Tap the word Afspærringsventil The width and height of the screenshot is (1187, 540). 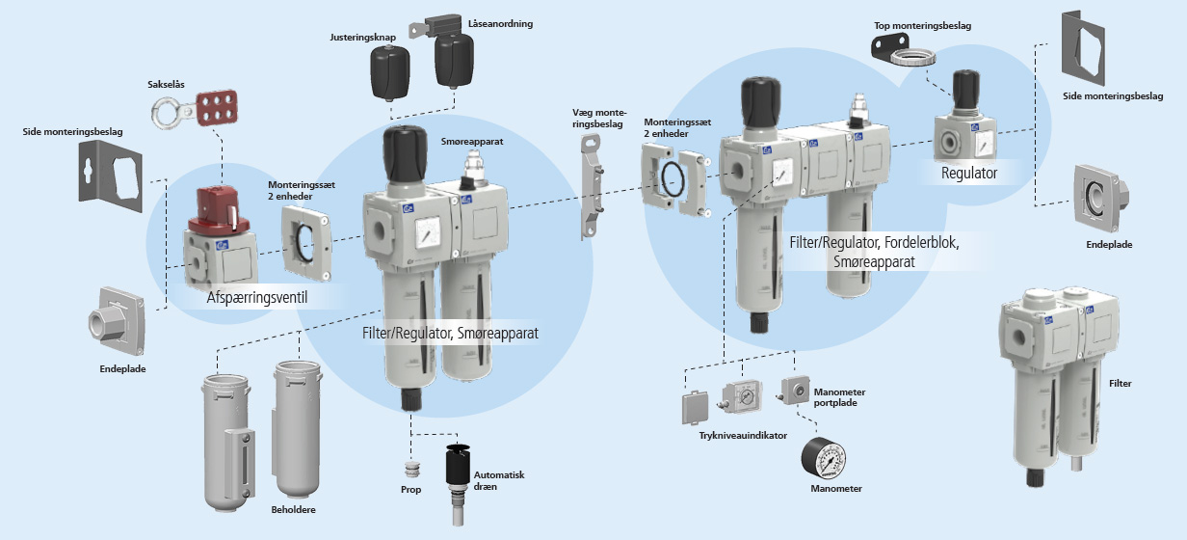click(x=256, y=297)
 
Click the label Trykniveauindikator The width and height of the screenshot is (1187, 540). click(x=743, y=436)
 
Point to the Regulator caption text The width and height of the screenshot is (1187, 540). click(x=969, y=174)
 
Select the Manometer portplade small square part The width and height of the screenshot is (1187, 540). click(x=794, y=390)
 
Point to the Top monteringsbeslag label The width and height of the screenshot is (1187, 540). click(x=920, y=26)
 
